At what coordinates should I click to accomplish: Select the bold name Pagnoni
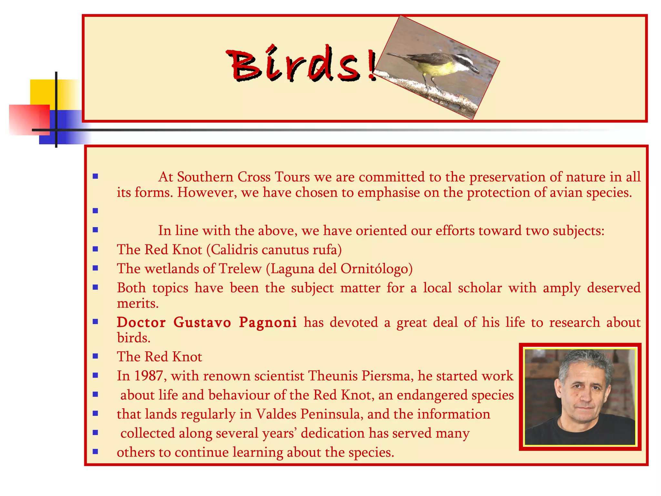tap(268, 322)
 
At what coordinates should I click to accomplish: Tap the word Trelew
tap(240, 269)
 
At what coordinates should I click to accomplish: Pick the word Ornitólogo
tap(376, 269)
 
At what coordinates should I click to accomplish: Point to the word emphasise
tap(389, 192)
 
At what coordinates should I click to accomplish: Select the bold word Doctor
tap(141, 322)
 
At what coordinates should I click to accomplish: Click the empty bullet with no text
tap(95, 211)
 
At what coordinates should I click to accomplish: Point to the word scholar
tap(480, 288)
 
